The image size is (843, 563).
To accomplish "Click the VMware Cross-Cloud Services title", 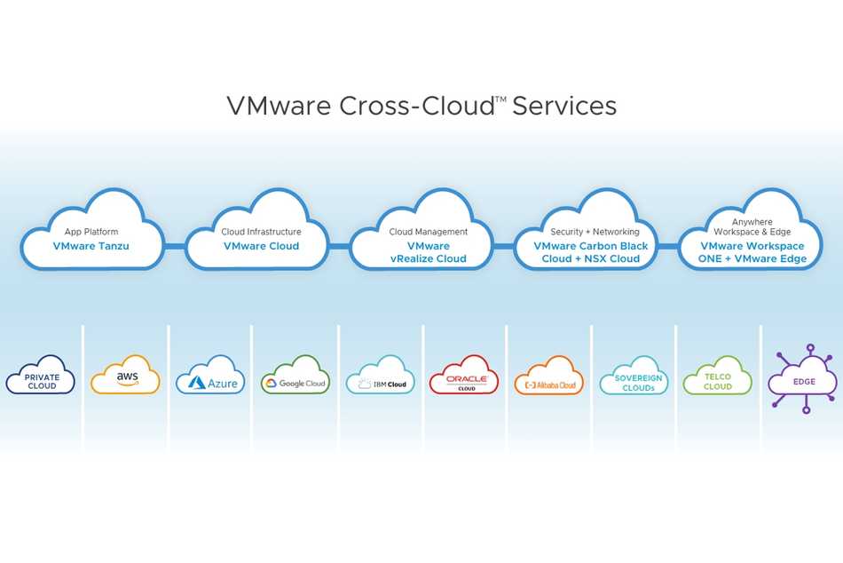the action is pos(421,106).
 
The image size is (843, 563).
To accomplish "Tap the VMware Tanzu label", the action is pos(91,246).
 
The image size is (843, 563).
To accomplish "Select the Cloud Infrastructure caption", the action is pos(261,232).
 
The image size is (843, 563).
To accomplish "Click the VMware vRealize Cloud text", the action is pos(429,252).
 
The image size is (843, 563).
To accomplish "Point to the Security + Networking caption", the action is pos(595,232).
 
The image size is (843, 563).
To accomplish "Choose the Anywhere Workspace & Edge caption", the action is pos(752,226).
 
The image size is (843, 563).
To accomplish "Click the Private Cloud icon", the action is pos(41,375).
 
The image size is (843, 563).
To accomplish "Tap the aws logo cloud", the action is pos(125,374).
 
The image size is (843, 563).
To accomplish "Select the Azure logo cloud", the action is pos(210,375).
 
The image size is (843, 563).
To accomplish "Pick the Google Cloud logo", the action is pos(295,375).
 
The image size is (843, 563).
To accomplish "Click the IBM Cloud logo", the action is pos(380,375).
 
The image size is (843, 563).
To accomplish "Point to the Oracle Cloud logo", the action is pos(464,375).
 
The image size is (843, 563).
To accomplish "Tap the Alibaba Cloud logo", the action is pos(549,375).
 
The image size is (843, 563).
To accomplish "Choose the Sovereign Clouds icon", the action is pos(634,375).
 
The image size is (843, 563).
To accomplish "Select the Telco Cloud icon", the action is pos(718,375).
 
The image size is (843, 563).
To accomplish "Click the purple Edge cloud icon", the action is pos(804,379).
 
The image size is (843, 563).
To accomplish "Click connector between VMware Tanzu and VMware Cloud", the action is pos(175,247).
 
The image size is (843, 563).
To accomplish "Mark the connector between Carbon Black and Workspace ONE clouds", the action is pos(668,247).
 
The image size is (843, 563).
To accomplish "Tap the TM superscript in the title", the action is pos(500,99).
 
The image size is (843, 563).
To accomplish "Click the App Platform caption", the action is pos(91,232).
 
